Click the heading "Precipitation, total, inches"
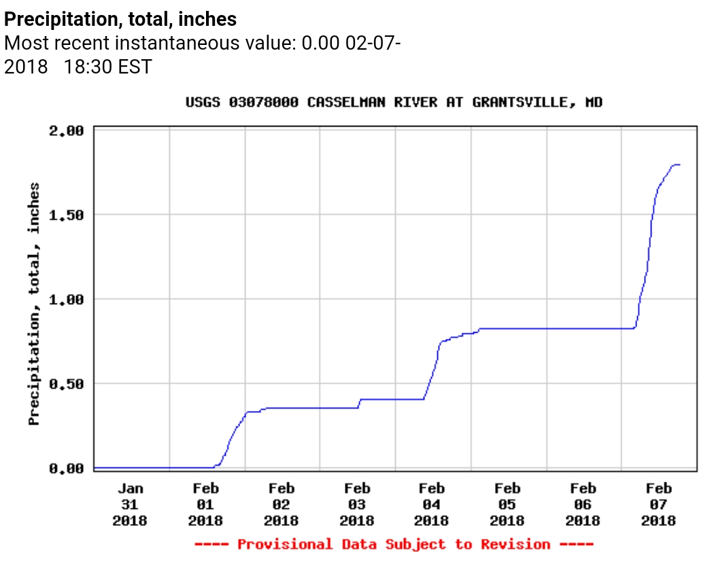pos(121,19)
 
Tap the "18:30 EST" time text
pos(108,67)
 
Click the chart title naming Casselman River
pos(394,103)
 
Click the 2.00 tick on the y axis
pos(67,131)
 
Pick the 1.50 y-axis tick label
pos(67,215)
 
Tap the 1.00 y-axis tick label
pos(67,299)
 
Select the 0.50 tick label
pos(67,384)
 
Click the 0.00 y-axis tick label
pos(67,468)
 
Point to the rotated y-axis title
pos(34,303)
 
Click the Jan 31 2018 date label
pos(131,505)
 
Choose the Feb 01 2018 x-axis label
pos(206,505)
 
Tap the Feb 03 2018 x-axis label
pos(357,505)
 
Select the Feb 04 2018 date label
pos(432,505)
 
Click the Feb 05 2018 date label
pos(507,505)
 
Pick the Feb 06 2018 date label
pos(583,505)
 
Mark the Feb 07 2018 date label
pos(658,505)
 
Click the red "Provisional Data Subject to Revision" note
pos(394,544)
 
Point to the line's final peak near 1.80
pos(676,165)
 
